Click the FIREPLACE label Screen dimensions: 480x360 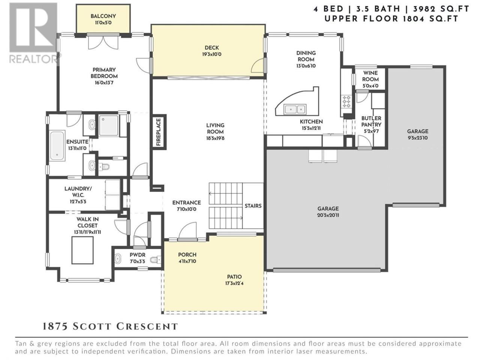(x=159, y=132)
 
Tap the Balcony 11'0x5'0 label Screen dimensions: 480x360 (x=103, y=19)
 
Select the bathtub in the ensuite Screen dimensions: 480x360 (x=57, y=145)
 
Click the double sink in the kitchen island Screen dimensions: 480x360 (x=295, y=109)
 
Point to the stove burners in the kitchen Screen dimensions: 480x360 (x=346, y=102)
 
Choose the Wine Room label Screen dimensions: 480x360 (x=370, y=79)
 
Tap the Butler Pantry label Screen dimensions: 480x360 (x=371, y=124)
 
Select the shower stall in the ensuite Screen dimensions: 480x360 (x=109, y=126)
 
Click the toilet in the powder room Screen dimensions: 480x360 (x=156, y=260)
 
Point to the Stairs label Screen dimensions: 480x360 (x=253, y=206)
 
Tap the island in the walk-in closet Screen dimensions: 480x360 (x=82, y=250)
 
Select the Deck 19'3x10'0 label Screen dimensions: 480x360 (x=211, y=51)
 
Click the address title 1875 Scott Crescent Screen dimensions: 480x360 (x=110, y=327)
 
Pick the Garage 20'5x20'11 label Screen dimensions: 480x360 (x=328, y=212)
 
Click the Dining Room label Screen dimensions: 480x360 (x=306, y=59)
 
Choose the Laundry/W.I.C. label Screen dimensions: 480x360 (x=78, y=195)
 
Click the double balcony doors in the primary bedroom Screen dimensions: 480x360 (x=103, y=42)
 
